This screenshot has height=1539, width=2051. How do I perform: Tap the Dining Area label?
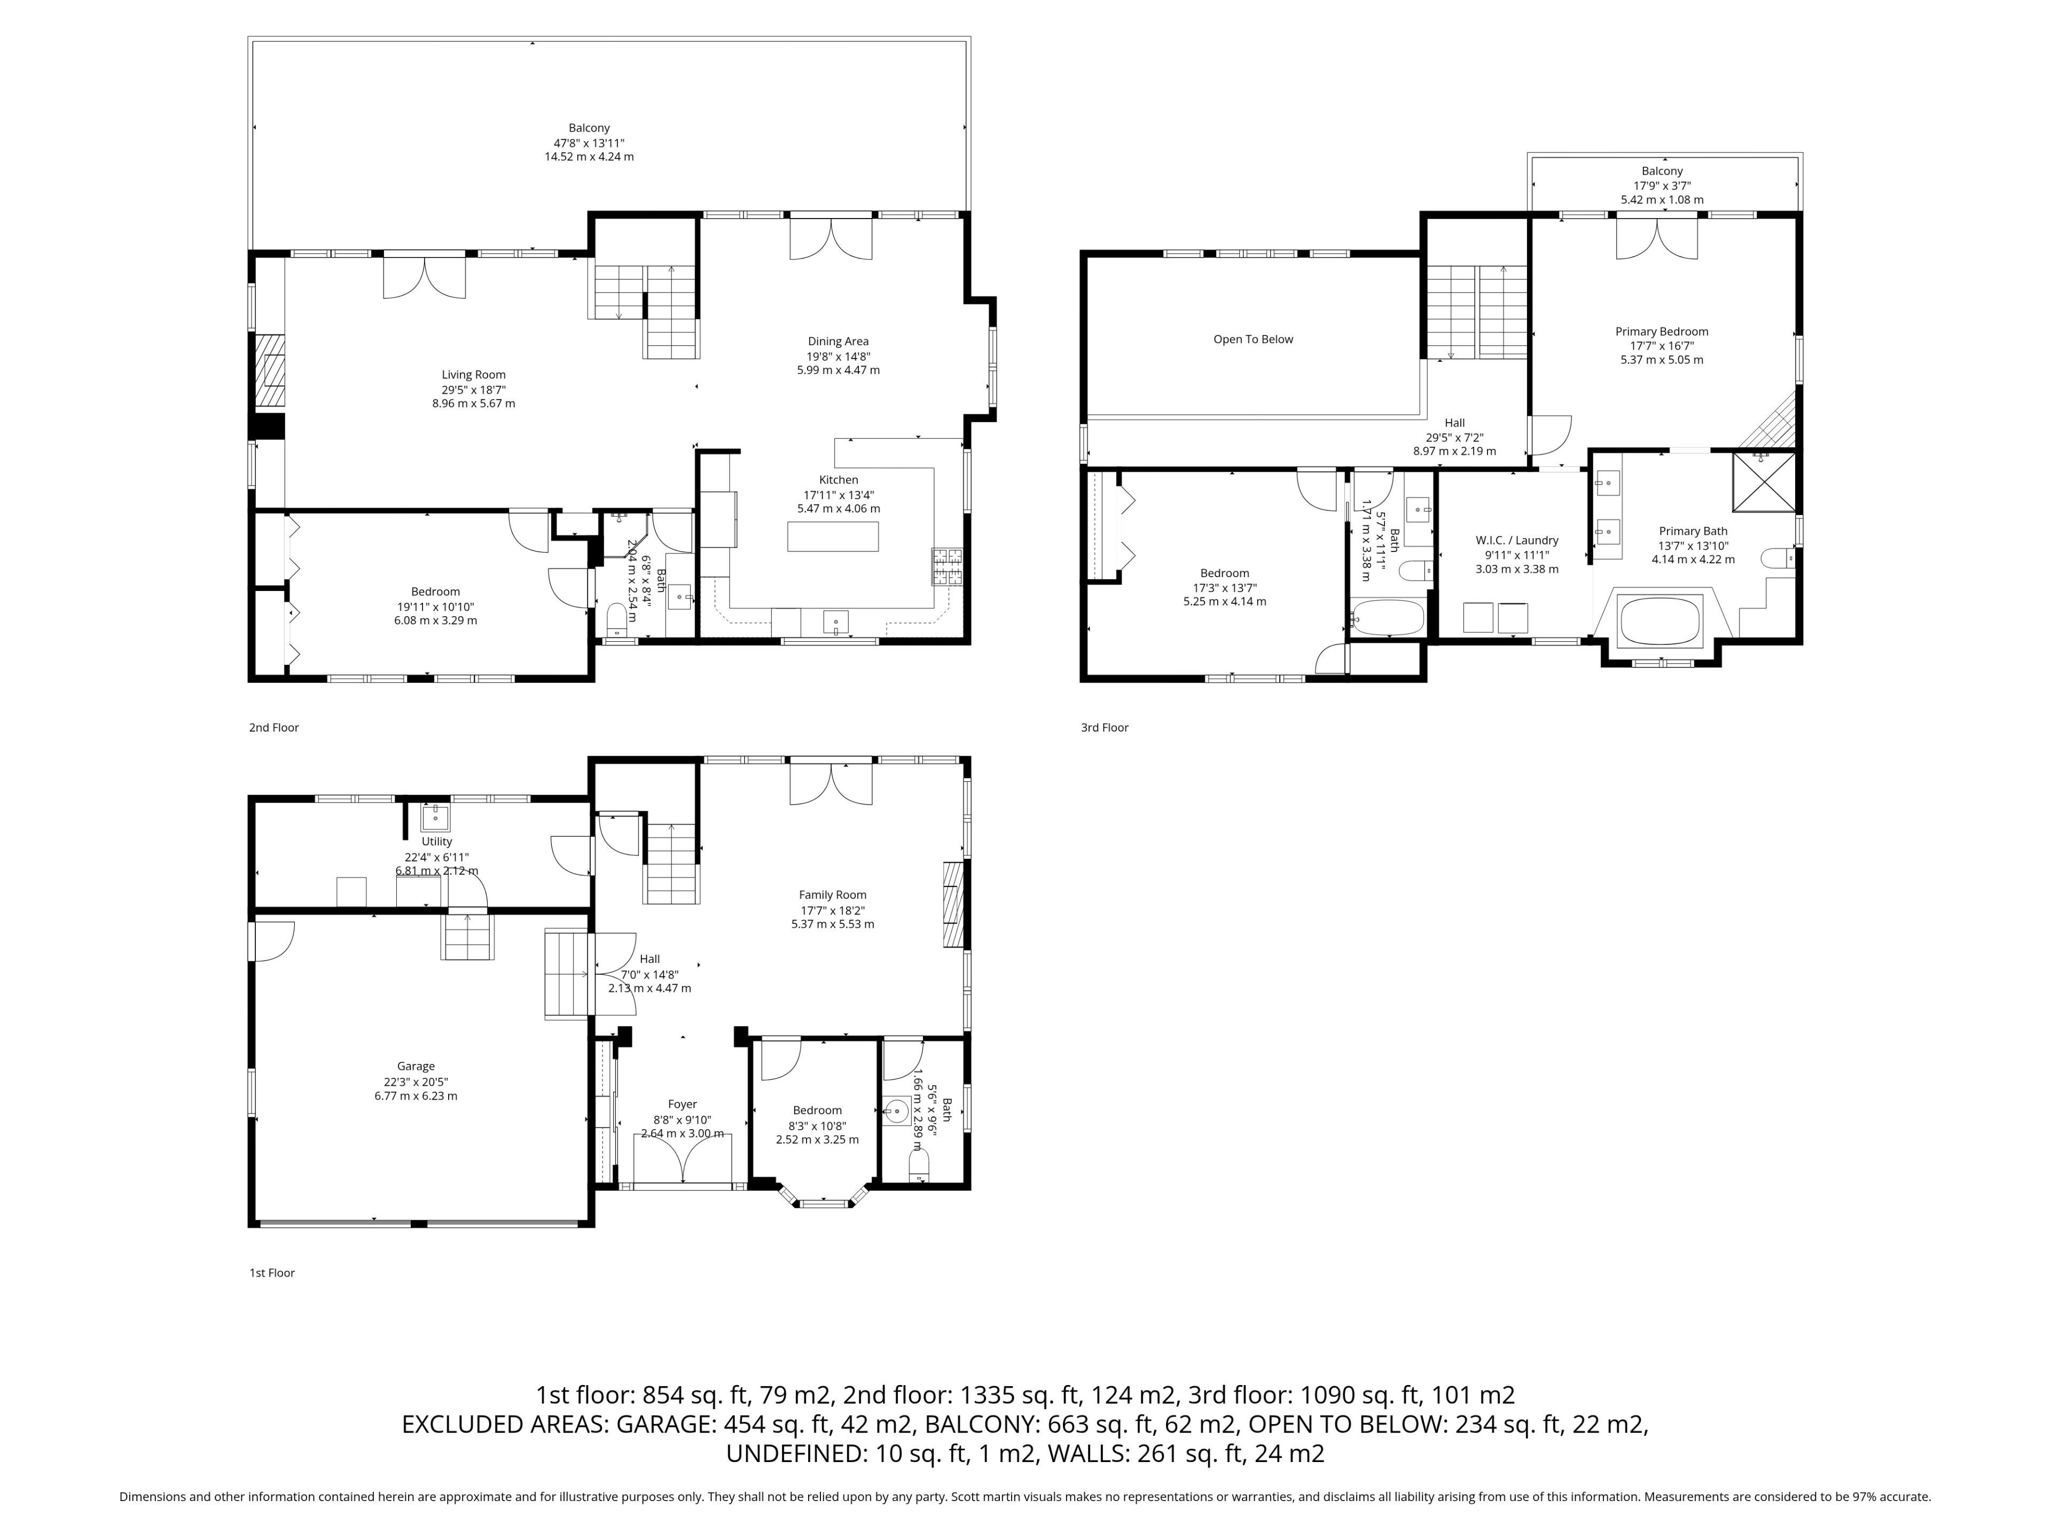point(838,341)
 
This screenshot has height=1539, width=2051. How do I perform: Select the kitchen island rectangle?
point(833,536)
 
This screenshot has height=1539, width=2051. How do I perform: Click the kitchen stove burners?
point(948,567)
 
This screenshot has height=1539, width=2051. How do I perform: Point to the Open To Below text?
point(1252,339)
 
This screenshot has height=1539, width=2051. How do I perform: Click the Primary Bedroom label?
point(1662,331)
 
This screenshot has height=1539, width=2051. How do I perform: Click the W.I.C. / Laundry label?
point(1517,540)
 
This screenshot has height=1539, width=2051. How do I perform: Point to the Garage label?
point(416,1067)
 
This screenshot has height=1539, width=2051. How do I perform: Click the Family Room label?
point(833,895)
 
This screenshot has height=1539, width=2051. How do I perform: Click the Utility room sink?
point(435,817)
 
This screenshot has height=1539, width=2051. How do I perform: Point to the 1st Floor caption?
point(272,1273)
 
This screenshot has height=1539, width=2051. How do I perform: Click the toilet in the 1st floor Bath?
point(919,1165)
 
